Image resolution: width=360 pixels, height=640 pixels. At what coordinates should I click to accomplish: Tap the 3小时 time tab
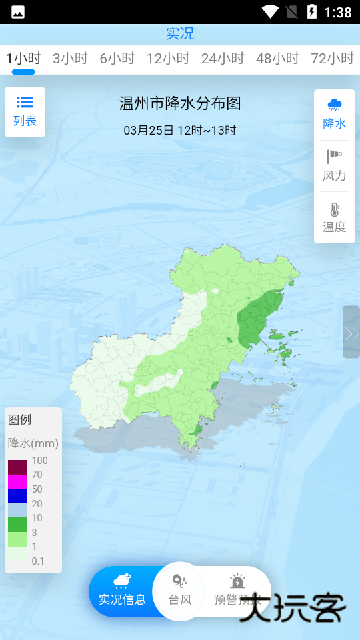pyautogui.click(x=70, y=58)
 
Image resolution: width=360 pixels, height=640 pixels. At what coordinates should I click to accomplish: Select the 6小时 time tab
pyautogui.click(x=117, y=58)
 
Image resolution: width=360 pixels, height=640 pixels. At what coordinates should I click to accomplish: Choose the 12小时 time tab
pyautogui.click(x=168, y=58)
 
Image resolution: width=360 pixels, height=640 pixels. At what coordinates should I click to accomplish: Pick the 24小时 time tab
pyautogui.click(x=223, y=58)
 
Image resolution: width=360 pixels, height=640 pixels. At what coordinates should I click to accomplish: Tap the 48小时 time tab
pyautogui.click(x=277, y=58)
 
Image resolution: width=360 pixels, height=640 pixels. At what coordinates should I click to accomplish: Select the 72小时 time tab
pyautogui.click(x=332, y=58)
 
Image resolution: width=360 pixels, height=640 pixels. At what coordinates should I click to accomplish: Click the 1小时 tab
pyautogui.click(x=23, y=58)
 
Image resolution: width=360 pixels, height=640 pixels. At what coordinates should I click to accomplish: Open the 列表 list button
pyautogui.click(x=25, y=111)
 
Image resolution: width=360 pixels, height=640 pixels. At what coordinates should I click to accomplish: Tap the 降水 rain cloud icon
pyautogui.click(x=335, y=105)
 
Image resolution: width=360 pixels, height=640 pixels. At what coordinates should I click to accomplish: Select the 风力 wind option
pyautogui.click(x=335, y=166)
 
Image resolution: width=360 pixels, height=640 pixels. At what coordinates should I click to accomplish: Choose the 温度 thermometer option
pyautogui.click(x=335, y=217)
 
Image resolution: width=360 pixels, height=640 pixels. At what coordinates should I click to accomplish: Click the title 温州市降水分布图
pyautogui.click(x=180, y=103)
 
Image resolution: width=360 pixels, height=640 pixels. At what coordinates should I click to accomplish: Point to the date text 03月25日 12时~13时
pyautogui.click(x=180, y=130)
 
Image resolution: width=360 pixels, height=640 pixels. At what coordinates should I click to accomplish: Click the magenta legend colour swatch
pyautogui.click(x=17, y=481)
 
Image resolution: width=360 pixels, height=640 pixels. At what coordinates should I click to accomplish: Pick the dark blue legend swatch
pyautogui.click(x=17, y=496)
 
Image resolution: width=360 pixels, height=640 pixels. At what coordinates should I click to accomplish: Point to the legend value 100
pyautogui.click(x=39, y=461)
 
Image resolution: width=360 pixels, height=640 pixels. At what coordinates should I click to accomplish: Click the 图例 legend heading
pyautogui.click(x=20, y=419)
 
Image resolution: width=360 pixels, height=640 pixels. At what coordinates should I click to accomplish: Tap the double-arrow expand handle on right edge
pyautogui.click(x=351, y=333)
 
